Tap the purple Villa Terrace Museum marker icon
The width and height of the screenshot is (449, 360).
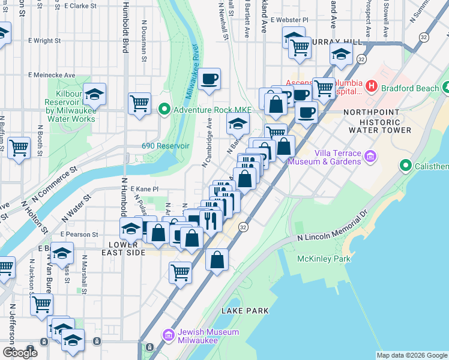(371, 157)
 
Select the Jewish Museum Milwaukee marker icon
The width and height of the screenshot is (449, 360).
(168, 335)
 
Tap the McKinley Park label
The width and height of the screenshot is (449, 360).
(324, 259)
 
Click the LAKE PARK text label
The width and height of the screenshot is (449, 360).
(245, 311)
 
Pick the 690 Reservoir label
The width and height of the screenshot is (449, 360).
(166, 146)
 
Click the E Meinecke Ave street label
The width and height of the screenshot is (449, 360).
(52, 76)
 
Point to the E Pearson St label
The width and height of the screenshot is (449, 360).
(79, 234)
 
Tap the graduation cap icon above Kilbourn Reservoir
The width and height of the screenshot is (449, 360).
(94, 94)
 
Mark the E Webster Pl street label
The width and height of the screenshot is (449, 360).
(289, 20)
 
